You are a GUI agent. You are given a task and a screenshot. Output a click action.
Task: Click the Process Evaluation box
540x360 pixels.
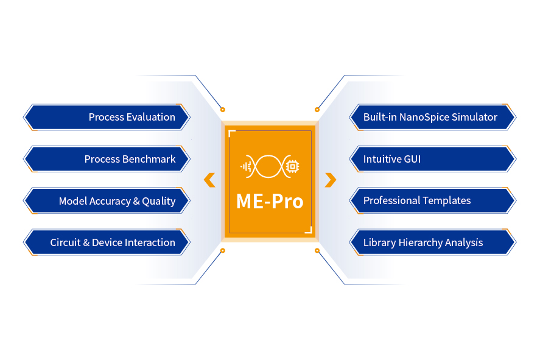[107, 117]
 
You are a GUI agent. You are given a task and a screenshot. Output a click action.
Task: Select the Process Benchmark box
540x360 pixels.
[107, 159]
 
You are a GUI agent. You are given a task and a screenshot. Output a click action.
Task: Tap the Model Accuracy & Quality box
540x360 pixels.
[107, 200]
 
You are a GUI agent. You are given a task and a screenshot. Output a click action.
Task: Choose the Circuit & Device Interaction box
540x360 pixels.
[107, 242]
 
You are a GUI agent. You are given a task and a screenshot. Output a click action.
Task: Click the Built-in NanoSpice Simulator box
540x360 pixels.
[432, 117]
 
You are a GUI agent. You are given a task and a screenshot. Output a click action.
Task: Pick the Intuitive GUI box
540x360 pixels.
[432, 159]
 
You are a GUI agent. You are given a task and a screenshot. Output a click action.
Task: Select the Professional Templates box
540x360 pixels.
[432, 200]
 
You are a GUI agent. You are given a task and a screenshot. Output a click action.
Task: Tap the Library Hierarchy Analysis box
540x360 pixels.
[432, 242]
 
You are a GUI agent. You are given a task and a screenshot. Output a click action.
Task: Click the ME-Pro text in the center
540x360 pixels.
[270, 201]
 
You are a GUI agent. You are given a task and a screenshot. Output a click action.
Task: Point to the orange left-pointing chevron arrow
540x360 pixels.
[209, 180]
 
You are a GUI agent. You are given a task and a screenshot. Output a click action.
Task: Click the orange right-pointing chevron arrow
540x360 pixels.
[331, 180]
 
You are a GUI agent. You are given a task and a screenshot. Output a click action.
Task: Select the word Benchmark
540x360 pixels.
[149, 159]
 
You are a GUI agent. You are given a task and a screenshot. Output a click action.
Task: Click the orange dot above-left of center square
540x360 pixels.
[223, 110]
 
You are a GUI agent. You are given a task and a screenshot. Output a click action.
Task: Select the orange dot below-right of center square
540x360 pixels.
[317, 250]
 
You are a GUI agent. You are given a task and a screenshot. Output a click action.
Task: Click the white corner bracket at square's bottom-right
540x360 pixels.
[309, 230]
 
